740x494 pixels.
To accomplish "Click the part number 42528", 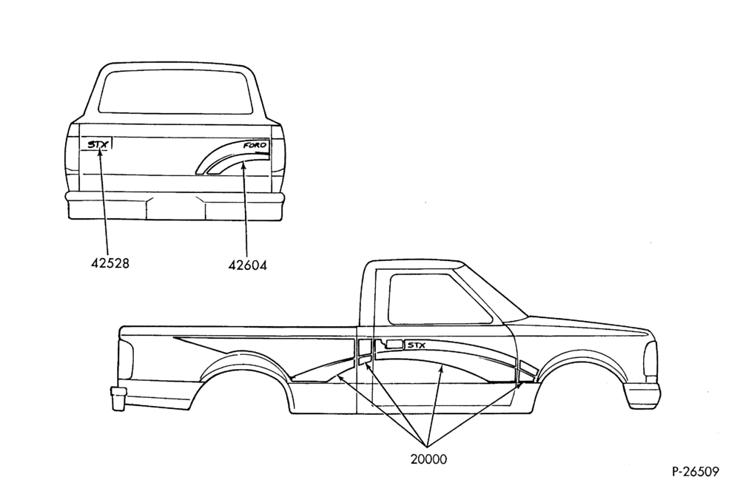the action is coord(110,263).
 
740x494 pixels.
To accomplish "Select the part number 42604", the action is coord(247,265).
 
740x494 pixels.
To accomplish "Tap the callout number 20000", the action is coord(428,459).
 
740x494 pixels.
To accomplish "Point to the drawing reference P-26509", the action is coord(696,472).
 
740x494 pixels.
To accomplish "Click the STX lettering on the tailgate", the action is coord(98,144).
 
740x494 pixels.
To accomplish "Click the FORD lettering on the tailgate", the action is coord(255,146).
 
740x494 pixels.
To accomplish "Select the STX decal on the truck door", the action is coord(417,345).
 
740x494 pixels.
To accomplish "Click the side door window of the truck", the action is coord(436,299).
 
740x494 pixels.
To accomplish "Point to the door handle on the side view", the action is coord(394,345).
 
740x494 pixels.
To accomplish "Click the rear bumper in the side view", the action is coord(118,397).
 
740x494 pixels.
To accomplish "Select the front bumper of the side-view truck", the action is coord(642,395).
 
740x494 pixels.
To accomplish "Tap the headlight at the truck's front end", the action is coord(650,359).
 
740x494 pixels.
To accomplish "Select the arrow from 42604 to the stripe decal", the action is coord(246,209).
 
